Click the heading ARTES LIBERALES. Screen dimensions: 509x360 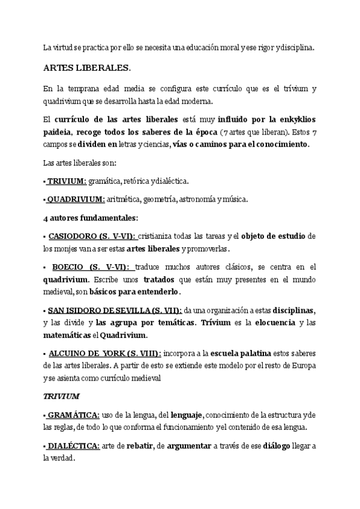(87, 67)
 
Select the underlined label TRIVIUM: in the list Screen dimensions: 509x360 (67, 181)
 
